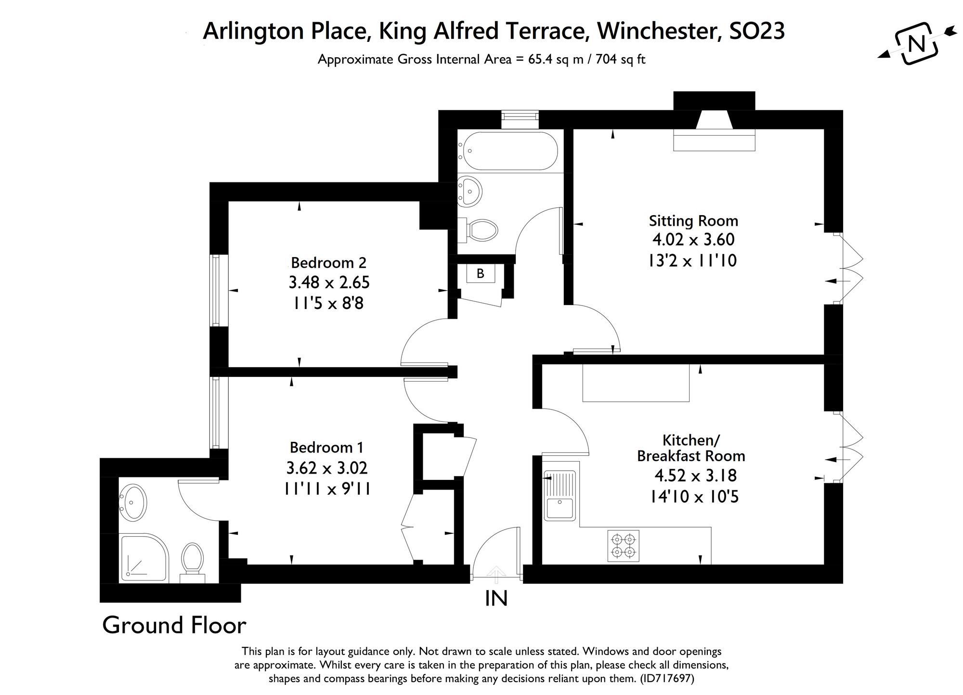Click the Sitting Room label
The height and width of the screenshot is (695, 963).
tap(693, 221)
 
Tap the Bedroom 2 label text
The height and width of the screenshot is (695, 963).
tap(328, 263)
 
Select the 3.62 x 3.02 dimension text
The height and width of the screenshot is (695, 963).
tap(326, 468)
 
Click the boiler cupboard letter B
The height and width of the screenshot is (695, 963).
tap(480, 274)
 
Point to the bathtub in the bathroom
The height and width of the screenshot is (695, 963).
tap(508, 151)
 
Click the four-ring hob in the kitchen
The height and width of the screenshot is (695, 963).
tap(624, 546)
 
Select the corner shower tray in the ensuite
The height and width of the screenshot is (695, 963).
tap(143, 557)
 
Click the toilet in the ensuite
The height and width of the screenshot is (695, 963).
tap(193, 561)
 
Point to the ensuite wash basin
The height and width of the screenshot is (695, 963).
tap(132, 502)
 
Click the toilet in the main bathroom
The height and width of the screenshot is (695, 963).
tap(480, 231)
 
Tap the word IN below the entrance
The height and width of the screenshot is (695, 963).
tap(496, 599)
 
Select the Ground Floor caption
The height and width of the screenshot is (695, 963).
tap(174, 625)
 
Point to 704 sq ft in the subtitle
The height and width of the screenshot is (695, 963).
tap(621, 60)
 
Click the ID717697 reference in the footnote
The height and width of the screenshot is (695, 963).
tap(666, 679)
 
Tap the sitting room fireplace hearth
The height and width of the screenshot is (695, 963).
tap(714, 143)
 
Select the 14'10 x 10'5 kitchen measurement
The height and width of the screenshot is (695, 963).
tap(694, 496)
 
